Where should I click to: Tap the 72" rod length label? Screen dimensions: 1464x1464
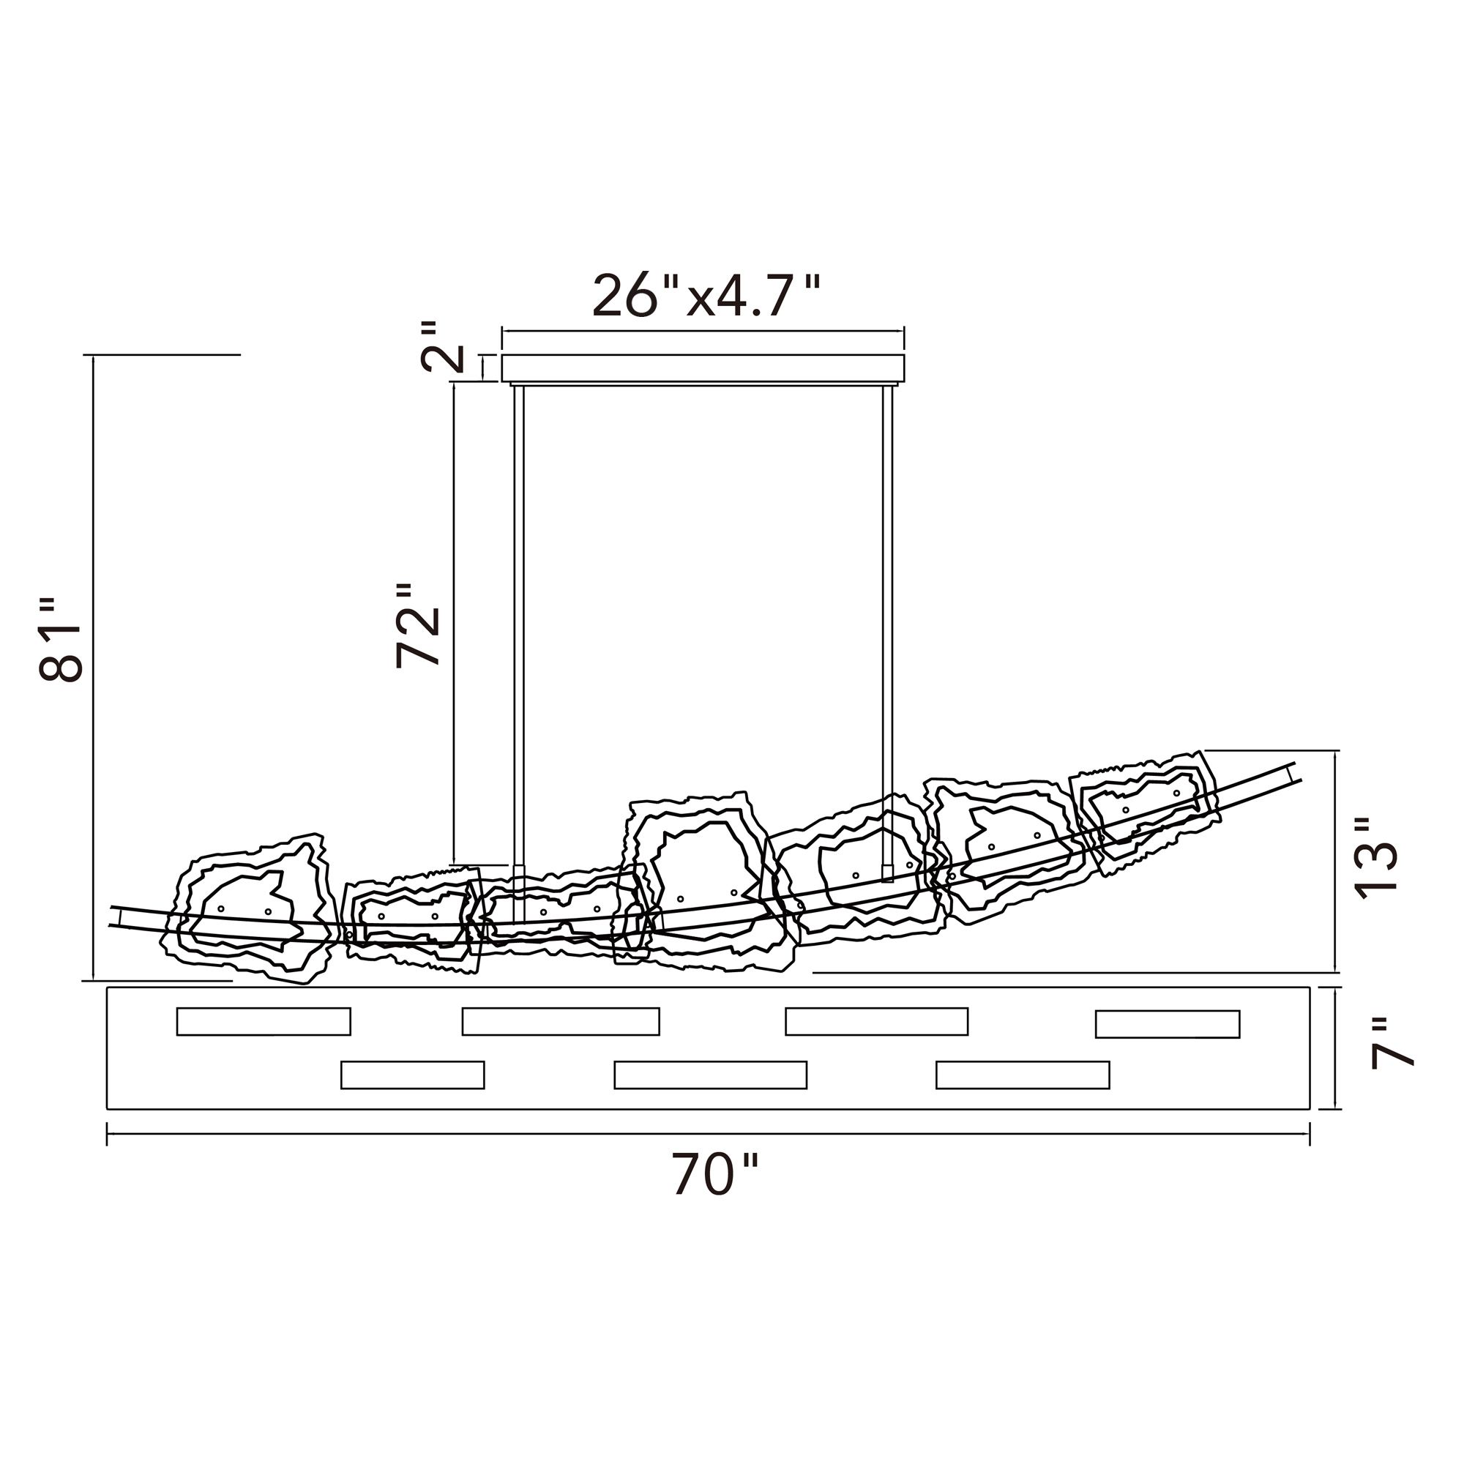tap(418, 626)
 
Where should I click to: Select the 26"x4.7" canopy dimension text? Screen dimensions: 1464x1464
tap(706, 296)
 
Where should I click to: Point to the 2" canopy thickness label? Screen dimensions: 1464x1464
tap(443, 347)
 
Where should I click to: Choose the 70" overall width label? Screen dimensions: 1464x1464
tap(714, 1175)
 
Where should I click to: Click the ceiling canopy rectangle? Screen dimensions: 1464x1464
tap(703, 367)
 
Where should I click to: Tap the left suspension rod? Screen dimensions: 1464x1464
tap(519, 654)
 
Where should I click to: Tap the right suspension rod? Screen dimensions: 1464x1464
tap(887, 632)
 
